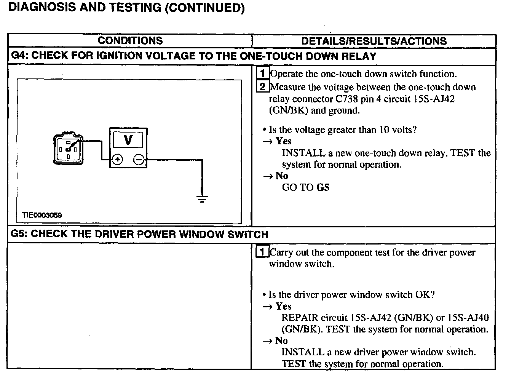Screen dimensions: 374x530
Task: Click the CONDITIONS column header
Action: tap(130, 41)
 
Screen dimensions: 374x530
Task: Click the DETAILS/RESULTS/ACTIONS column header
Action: tap(374, 41)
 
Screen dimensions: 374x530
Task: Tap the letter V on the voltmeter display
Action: tap(128, 140)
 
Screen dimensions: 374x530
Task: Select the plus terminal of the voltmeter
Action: tap(117, 160)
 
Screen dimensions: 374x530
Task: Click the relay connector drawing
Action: tap(68, 149)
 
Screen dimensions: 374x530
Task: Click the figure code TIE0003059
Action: tap(42, 215)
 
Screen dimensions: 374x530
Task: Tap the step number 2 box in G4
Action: tap(263, 86)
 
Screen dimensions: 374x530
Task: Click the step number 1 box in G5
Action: tap(262, 252)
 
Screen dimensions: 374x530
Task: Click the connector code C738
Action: tap(347, 99)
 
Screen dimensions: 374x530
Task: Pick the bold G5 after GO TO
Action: tap(322, 187)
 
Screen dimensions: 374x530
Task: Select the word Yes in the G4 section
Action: tap(284, 141)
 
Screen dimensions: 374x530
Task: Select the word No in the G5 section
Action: tap(281, 340)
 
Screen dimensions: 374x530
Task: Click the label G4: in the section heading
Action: tap(19, 56)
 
